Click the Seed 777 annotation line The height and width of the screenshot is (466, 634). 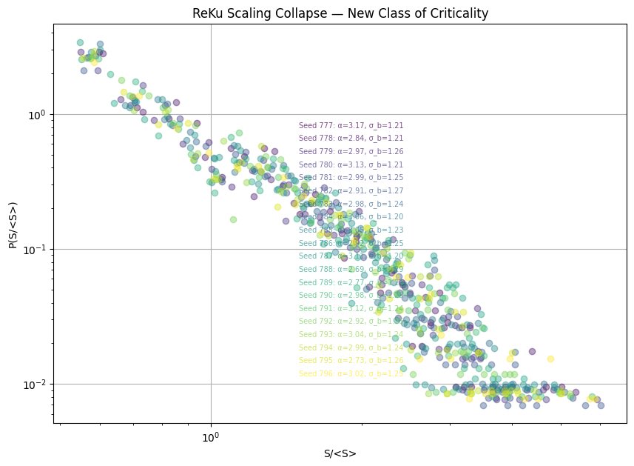(351, 126)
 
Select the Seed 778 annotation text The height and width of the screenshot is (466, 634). (351, 138)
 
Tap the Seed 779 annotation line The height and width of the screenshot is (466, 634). (351, 151)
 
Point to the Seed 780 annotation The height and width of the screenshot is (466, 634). (351, 164)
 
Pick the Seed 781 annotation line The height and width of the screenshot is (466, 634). (351, 178)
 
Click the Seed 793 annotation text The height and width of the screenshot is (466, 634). (351, 335)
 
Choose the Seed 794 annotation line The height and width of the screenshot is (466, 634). (351, 347)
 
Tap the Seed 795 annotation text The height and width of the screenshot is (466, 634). (351, 360)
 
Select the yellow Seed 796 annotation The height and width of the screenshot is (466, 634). (351, 373)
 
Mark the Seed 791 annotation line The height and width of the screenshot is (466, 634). (351, 308)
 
